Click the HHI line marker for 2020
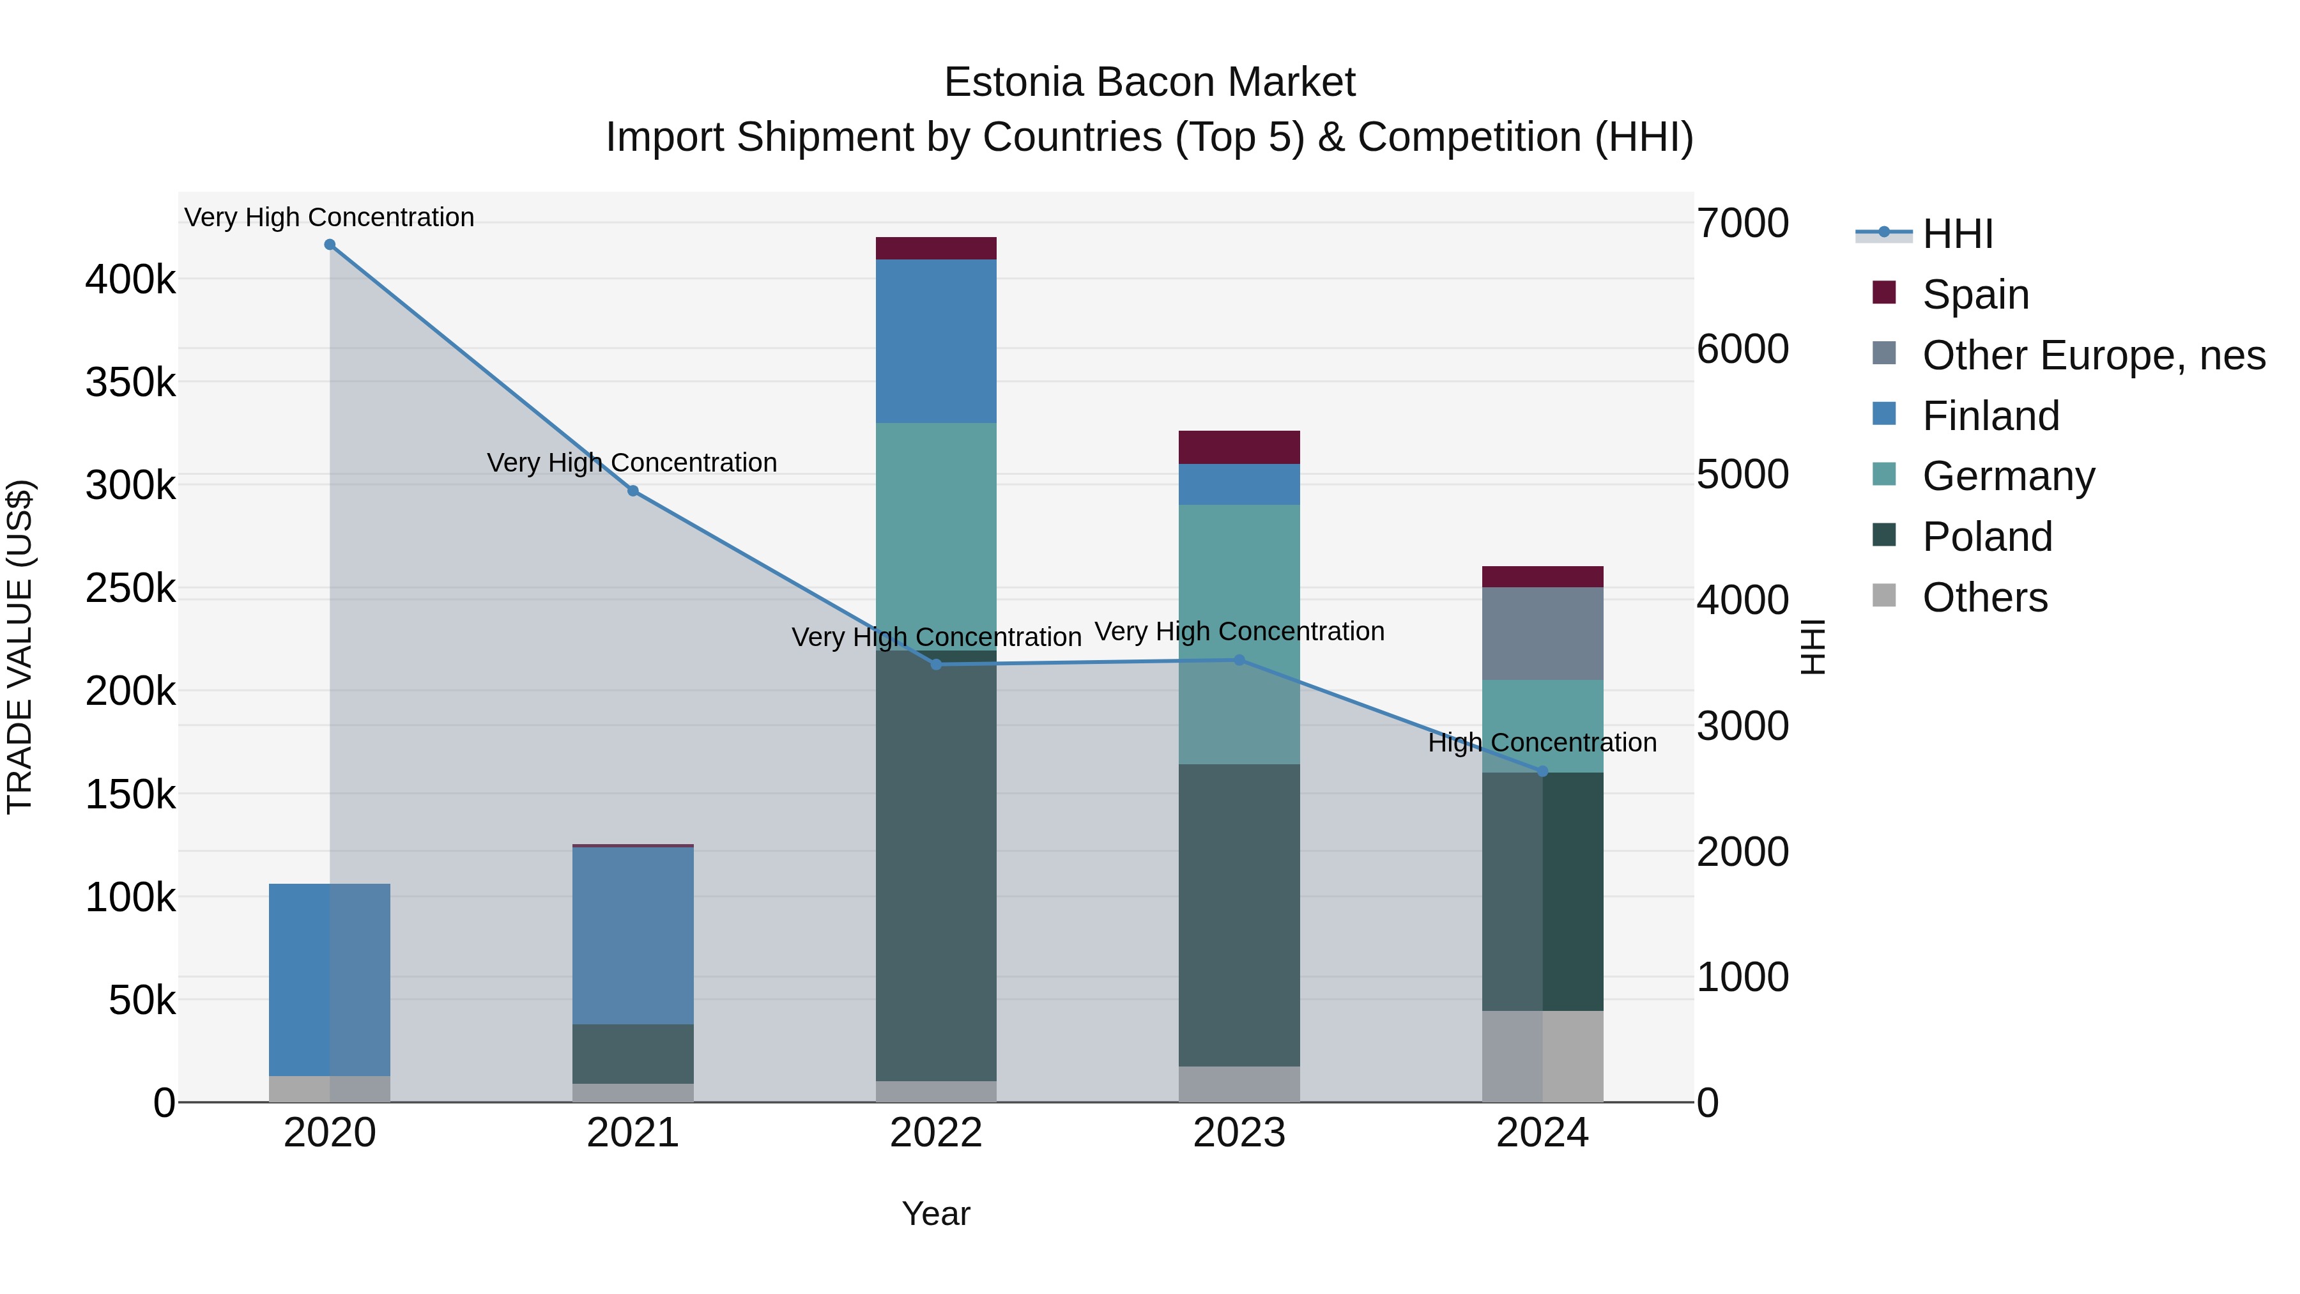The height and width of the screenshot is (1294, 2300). [x=330, y=245]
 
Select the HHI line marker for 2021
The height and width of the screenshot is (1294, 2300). [x=633, y=490]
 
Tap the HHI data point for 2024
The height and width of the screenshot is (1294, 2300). [x=1542, y=771]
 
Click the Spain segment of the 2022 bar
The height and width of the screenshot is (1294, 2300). [x=936, y=249]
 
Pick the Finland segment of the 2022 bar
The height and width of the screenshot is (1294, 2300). [x=936, y=341]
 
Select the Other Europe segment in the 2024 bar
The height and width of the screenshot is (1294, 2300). [x=1542, y=633]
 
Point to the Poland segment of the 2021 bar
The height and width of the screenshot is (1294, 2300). [x=633, y=1054]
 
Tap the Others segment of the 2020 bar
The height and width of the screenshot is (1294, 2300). [x=330, y=1089]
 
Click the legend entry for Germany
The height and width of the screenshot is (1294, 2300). [x=2008, y=476]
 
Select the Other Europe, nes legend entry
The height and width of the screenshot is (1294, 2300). [x=2093, y=355]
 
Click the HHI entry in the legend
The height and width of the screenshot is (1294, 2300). [x=1957, y=234]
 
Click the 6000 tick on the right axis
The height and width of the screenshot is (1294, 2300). [x=1742, y=348]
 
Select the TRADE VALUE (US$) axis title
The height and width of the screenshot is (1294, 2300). [x=20, y=647]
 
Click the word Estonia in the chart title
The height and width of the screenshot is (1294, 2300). [x=1013, y=82]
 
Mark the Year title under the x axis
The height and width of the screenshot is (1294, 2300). [x=936, y=1213]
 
